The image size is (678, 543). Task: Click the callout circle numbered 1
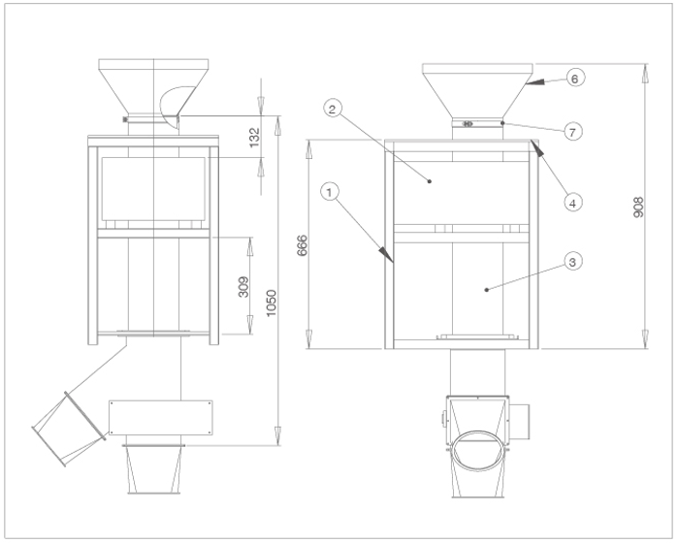click(x=330, y=192)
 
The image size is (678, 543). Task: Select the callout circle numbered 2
click(x=332, y=109)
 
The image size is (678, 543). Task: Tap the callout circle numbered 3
click(x=573, y=262)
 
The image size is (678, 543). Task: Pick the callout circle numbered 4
click(x=573, y=203)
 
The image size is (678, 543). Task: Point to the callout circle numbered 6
click(x=575, y=79)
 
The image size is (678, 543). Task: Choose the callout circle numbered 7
click(x=573, y=132)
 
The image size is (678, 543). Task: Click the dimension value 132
click(x=255, y=137)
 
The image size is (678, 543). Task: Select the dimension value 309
click(x=243, y=287)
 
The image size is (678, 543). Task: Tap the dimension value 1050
click(x=271, y=303)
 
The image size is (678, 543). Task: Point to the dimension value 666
click(x=303, y=245)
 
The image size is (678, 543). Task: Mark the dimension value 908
click(x=638, y=208)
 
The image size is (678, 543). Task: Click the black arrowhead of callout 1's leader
click(x=386, y=254)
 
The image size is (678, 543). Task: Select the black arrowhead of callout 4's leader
click(x=537, y=147)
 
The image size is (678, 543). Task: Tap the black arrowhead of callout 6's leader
click(x=535, y=82)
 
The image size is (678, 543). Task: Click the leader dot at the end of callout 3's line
click(x=487, y=290)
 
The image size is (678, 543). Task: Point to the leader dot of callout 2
click(x=430, y=181)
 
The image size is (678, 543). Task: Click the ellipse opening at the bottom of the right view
click(x=477, y=451)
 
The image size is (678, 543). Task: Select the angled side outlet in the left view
click(x=69, y=429)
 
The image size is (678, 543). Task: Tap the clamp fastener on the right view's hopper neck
click(x=468, y=124)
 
